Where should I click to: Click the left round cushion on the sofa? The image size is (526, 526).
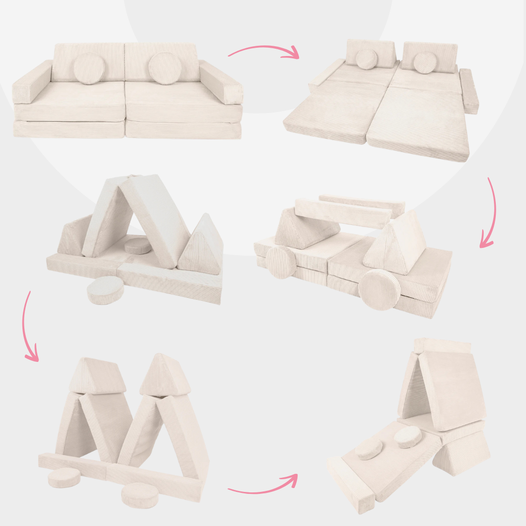(89, 69)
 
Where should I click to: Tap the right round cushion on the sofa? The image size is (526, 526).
(165, 68)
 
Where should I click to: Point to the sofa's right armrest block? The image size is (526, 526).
(221, 83)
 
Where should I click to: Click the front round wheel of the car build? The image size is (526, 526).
(379, 290)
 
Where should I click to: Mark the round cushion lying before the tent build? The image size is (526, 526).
(105, 291)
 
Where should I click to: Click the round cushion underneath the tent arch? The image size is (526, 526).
(138, 245)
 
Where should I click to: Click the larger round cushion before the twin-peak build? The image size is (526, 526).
(140, 495)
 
